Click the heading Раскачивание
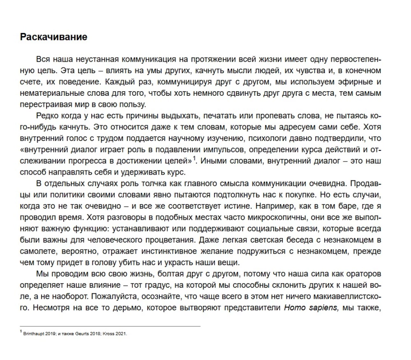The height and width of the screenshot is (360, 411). point(53,37)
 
